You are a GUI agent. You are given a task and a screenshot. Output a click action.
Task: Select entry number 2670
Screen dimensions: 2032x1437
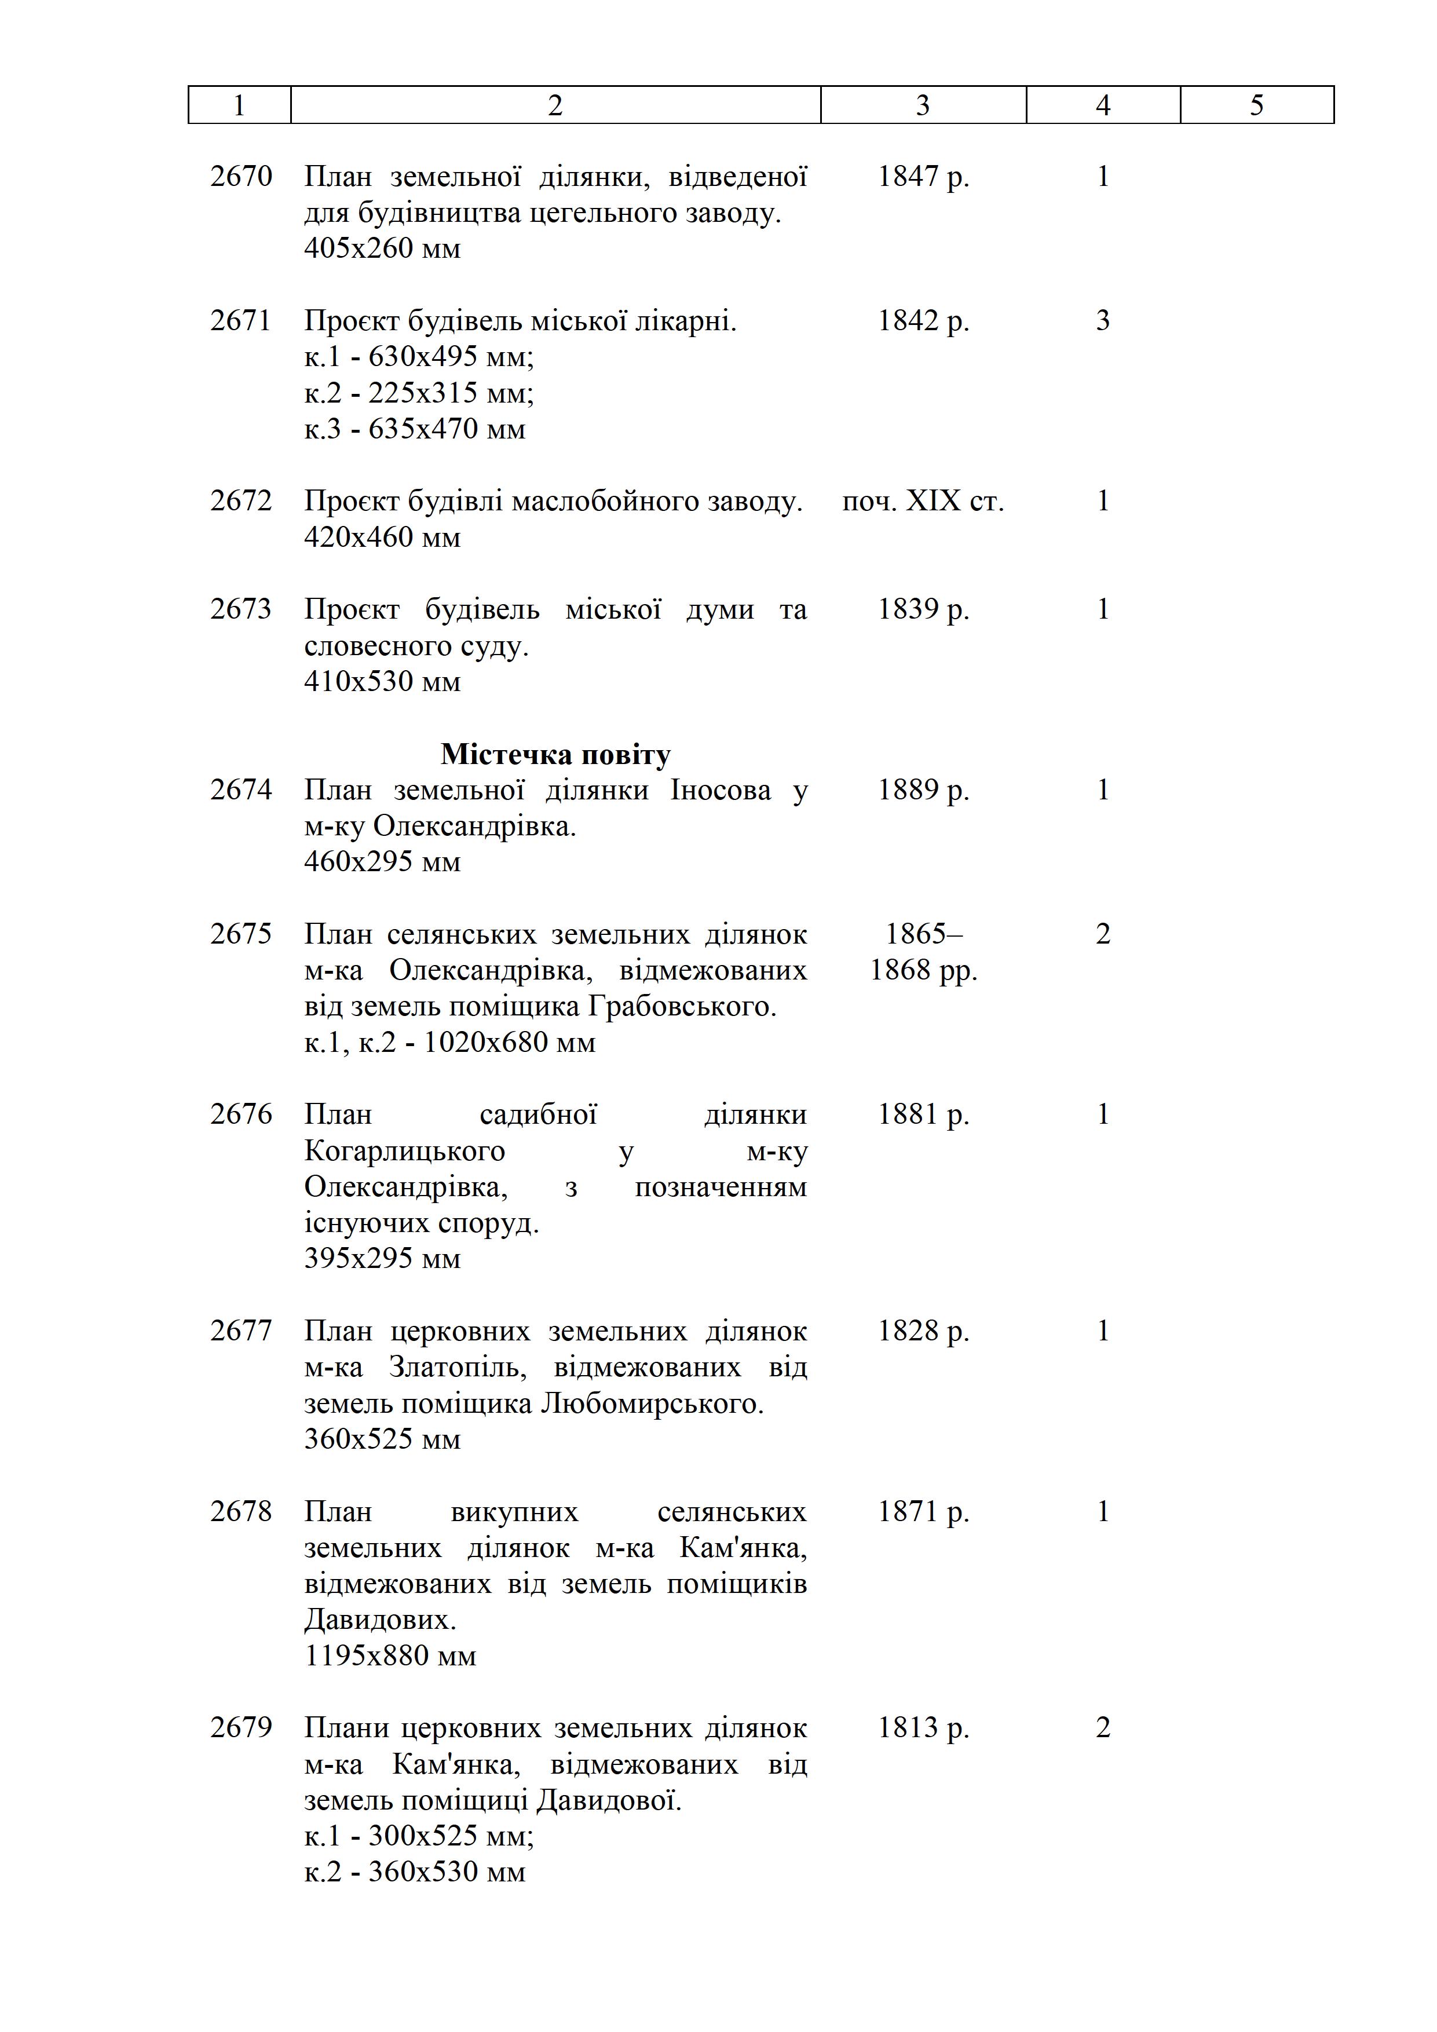[x=241, y=177]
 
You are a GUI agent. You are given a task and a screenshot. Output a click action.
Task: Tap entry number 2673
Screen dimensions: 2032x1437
[x=241, y=610]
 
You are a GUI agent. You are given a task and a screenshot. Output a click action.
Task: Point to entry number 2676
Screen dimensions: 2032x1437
[x=241, y=1114]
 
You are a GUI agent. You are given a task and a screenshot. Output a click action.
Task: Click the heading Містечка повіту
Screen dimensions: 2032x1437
[x=555, y=754]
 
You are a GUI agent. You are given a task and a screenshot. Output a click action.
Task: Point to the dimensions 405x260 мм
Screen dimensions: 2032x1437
[x=382, y=248]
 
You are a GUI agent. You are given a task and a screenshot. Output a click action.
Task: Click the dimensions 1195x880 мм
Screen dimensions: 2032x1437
[x=390, y=1656]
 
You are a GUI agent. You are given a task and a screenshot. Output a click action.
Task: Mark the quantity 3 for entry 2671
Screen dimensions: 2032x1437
[x=1103, y=321]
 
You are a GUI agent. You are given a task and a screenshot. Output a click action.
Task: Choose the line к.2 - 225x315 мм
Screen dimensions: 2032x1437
[x=419, y=393]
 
